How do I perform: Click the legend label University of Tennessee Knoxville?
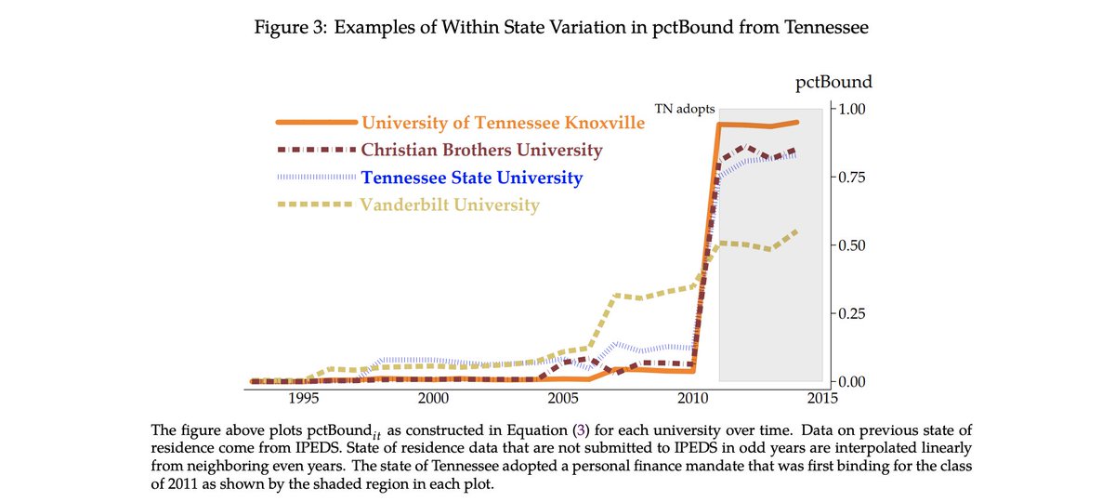[503, 123]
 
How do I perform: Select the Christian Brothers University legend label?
[481, 150]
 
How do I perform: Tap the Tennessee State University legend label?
[472, 178]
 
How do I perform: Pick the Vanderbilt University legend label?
[450, 205]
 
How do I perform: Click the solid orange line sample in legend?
[316, 123]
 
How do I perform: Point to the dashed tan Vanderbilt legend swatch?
[316, 205]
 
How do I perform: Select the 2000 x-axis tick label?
[434, 398]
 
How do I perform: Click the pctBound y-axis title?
[834, 83]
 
